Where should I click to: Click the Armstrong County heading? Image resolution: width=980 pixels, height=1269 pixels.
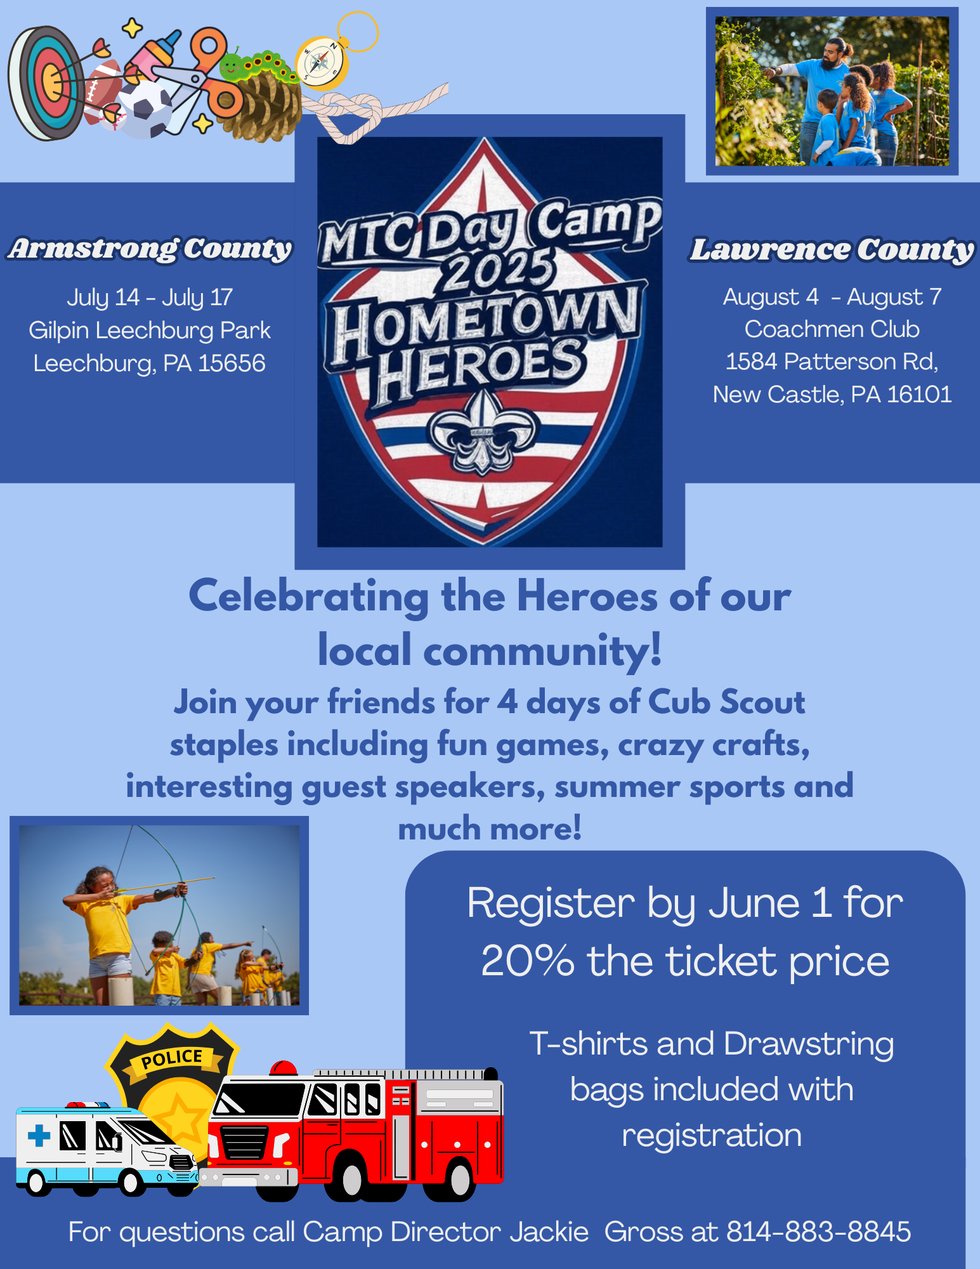tap(150, 249)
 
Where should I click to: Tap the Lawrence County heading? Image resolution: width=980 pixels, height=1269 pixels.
tap(832, 250)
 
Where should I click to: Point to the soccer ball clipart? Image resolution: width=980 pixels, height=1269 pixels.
tap(147, 108)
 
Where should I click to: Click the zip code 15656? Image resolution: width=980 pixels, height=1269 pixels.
tap(232, 364)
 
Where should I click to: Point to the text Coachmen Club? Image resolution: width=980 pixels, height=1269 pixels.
tap(832, 329)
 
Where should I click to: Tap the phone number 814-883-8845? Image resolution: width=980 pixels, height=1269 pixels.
tap(818, 1232)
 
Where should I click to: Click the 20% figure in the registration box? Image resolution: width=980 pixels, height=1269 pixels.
tap(528, 961)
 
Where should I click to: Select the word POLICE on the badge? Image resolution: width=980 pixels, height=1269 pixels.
tap(172, 1058)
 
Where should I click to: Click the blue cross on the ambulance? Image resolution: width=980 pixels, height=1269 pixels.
tap(39, 1135)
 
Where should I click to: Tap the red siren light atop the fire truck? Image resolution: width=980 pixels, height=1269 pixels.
tap(284, 1068)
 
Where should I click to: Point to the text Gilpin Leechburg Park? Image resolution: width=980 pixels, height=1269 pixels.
tap(150, 331)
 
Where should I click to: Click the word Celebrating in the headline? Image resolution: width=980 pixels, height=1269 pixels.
tap(309, 597)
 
